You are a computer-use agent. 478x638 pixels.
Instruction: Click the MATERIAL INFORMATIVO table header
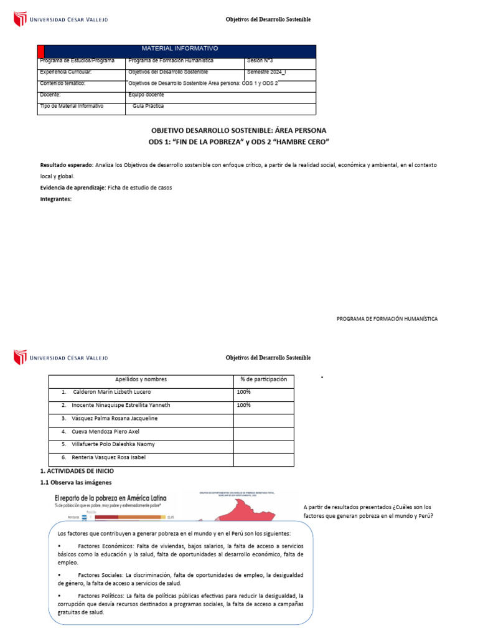coord(180,49)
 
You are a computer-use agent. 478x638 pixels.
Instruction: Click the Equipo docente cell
coord(146,95)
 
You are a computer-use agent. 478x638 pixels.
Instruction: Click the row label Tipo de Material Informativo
coord(72,106)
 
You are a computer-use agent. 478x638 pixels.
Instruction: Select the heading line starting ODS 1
coord(238,142)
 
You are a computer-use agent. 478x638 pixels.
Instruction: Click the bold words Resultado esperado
coord(66,165)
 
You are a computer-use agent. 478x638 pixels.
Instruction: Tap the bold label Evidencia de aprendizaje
coord(73,188)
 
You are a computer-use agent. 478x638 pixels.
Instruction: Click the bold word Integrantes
coord(56,199)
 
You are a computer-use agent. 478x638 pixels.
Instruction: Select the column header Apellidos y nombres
coord(141,379)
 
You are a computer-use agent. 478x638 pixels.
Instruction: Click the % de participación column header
coord(263,379)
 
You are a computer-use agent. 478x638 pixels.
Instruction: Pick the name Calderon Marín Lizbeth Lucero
coord(112,392)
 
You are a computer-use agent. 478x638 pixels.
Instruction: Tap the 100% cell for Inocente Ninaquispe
coord(243,405)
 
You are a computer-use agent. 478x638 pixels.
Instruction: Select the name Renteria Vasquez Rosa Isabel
coord(110,457)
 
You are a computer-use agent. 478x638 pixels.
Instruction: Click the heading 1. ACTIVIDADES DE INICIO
coord(77,472)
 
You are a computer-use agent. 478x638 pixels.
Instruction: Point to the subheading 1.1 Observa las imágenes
coord(76,483)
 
